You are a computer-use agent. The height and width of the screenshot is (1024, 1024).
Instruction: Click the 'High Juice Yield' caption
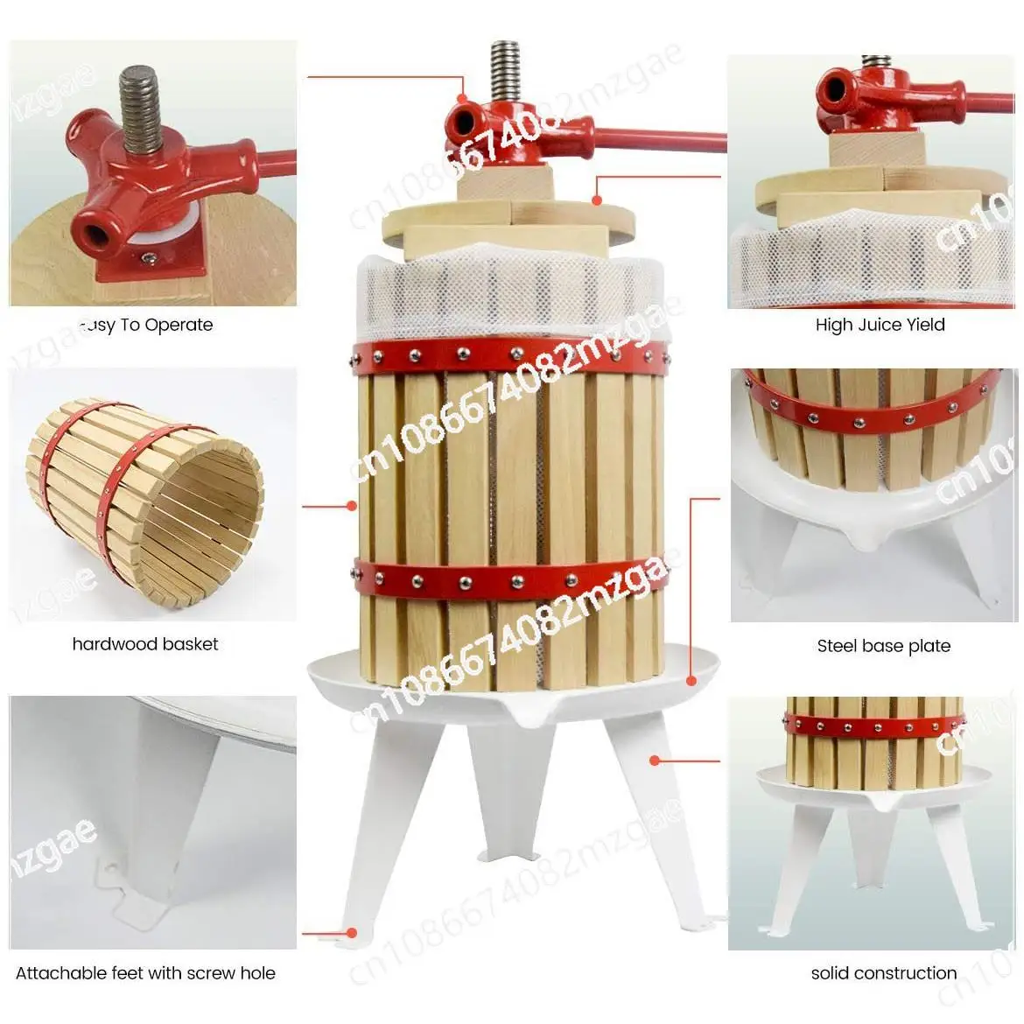(880, 325)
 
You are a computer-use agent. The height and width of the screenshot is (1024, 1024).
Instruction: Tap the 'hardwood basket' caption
(145, 644)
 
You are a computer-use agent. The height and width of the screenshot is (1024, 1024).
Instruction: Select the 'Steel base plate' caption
(883, 646)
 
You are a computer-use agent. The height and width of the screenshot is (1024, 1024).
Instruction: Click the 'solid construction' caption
(883, 972)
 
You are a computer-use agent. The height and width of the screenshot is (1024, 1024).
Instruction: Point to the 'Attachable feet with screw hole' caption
(145, 972)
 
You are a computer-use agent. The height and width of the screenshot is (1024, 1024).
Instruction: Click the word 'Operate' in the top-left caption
(179, 325)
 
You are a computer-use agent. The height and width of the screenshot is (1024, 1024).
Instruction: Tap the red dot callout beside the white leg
(654, 760)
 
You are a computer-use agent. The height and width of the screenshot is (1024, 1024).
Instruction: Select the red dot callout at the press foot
(352, 933)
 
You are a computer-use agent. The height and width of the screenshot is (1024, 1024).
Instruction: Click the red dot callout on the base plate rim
(691, 678)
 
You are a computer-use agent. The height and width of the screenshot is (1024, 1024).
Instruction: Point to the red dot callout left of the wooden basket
(352, 505)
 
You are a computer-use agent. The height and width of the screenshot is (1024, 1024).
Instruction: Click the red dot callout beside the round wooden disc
(597, 200)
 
